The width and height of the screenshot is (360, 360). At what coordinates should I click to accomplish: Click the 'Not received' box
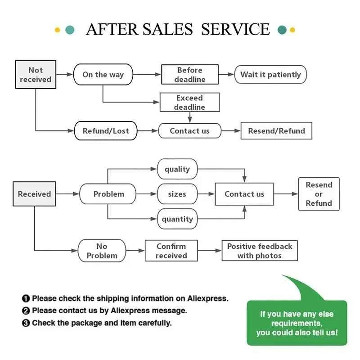[36, 75]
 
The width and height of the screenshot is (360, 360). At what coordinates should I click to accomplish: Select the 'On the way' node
[103, 75]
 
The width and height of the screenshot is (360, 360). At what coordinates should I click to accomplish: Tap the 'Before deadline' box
[190, 75]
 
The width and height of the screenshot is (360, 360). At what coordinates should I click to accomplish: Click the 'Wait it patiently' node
[270, 75]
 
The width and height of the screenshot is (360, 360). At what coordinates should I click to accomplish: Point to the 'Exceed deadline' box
[190, 103]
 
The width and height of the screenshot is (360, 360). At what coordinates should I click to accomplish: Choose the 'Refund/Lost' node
[105, 131]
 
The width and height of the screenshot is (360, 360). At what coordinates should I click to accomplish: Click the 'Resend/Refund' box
[277, 131]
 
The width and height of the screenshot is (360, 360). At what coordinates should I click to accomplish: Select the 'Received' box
[34, 194]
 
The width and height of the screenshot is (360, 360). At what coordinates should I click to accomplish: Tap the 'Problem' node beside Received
[108, 194]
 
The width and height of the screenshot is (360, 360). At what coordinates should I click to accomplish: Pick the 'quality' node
[177, 169]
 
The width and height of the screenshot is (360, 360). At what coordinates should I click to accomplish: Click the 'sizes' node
[177, 194]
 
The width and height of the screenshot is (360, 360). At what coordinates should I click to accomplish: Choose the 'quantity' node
[177, 219]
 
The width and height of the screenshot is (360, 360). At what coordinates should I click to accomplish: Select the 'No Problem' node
[102, 251]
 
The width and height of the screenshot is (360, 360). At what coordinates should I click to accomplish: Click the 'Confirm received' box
[171, 251]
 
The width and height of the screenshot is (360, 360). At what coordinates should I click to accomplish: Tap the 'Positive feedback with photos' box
[260, 251]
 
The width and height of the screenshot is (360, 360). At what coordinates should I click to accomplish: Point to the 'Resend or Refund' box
[319, 194]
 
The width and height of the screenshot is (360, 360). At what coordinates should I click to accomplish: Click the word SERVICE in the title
[235, 30]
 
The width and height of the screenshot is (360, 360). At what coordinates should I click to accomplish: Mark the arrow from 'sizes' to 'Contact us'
[206, 194]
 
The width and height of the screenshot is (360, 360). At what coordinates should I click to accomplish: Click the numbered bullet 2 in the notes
[26, 310]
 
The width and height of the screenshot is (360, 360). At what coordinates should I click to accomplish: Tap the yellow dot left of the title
[57, 30]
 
